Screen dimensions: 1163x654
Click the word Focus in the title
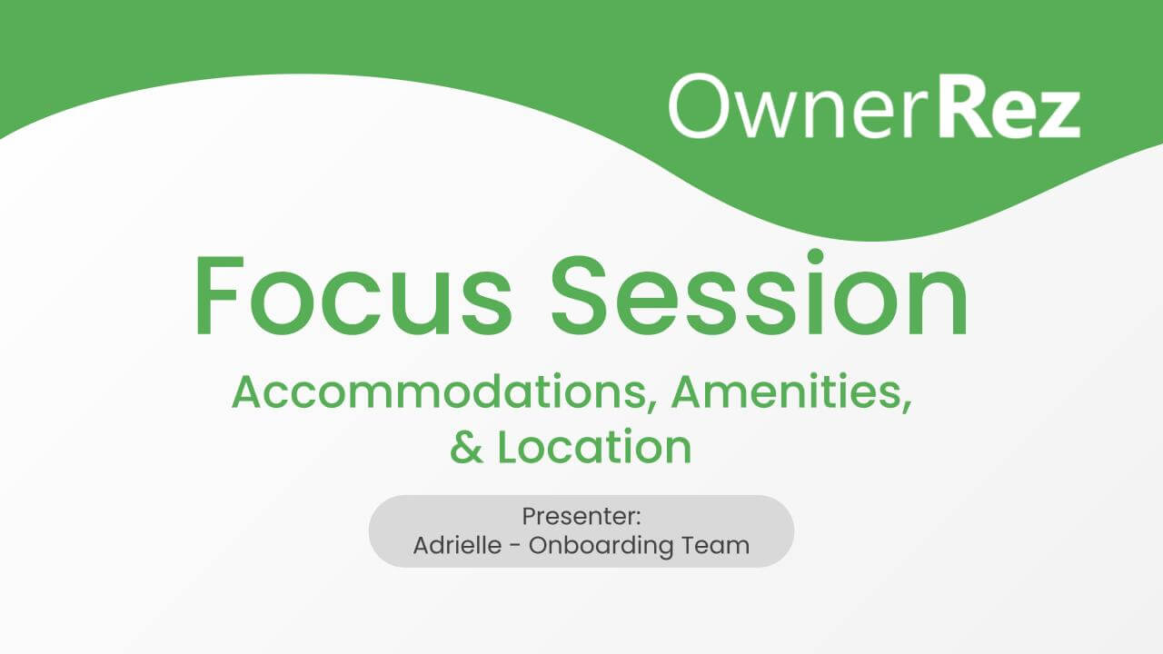(354, 296)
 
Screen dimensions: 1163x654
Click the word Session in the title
(759, 293)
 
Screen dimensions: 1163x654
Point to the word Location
(594, 446)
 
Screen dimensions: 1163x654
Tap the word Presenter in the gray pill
(577, 516)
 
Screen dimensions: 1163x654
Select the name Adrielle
(457, 545)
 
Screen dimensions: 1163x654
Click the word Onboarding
(601, 546)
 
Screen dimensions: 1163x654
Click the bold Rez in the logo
(1009, 107)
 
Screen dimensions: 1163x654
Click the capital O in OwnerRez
(699, 105)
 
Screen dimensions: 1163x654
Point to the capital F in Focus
(219, 295)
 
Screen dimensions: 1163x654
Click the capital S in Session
(578, 295)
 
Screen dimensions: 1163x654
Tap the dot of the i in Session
(816, 257)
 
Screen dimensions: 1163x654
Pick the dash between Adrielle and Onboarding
(515, 547)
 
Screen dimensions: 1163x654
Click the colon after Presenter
(638, 518)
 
